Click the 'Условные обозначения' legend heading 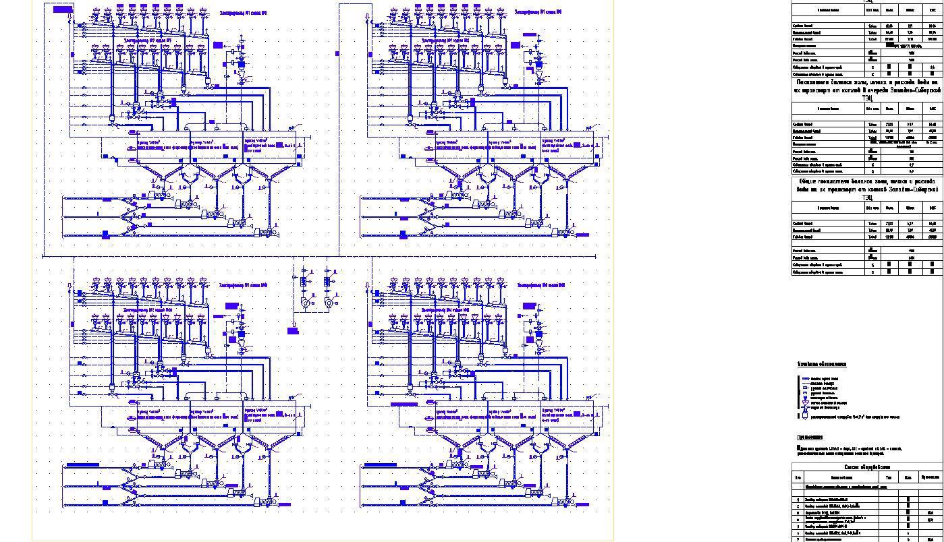tap(821, 365)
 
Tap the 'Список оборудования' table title tap(867, 467)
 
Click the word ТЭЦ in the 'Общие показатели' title tap(867, 198)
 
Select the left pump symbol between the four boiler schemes tap(305, 303)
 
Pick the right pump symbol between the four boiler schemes tap(329, 303)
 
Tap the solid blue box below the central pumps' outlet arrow tap(293, 331)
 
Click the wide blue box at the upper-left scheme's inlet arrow tap(62, 9)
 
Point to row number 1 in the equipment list tap(798, 500)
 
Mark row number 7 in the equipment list tap(798, 539)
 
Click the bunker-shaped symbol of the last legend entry tap(804, 416)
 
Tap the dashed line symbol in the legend tap(804, 384)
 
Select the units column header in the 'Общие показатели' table tap(872, 208)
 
